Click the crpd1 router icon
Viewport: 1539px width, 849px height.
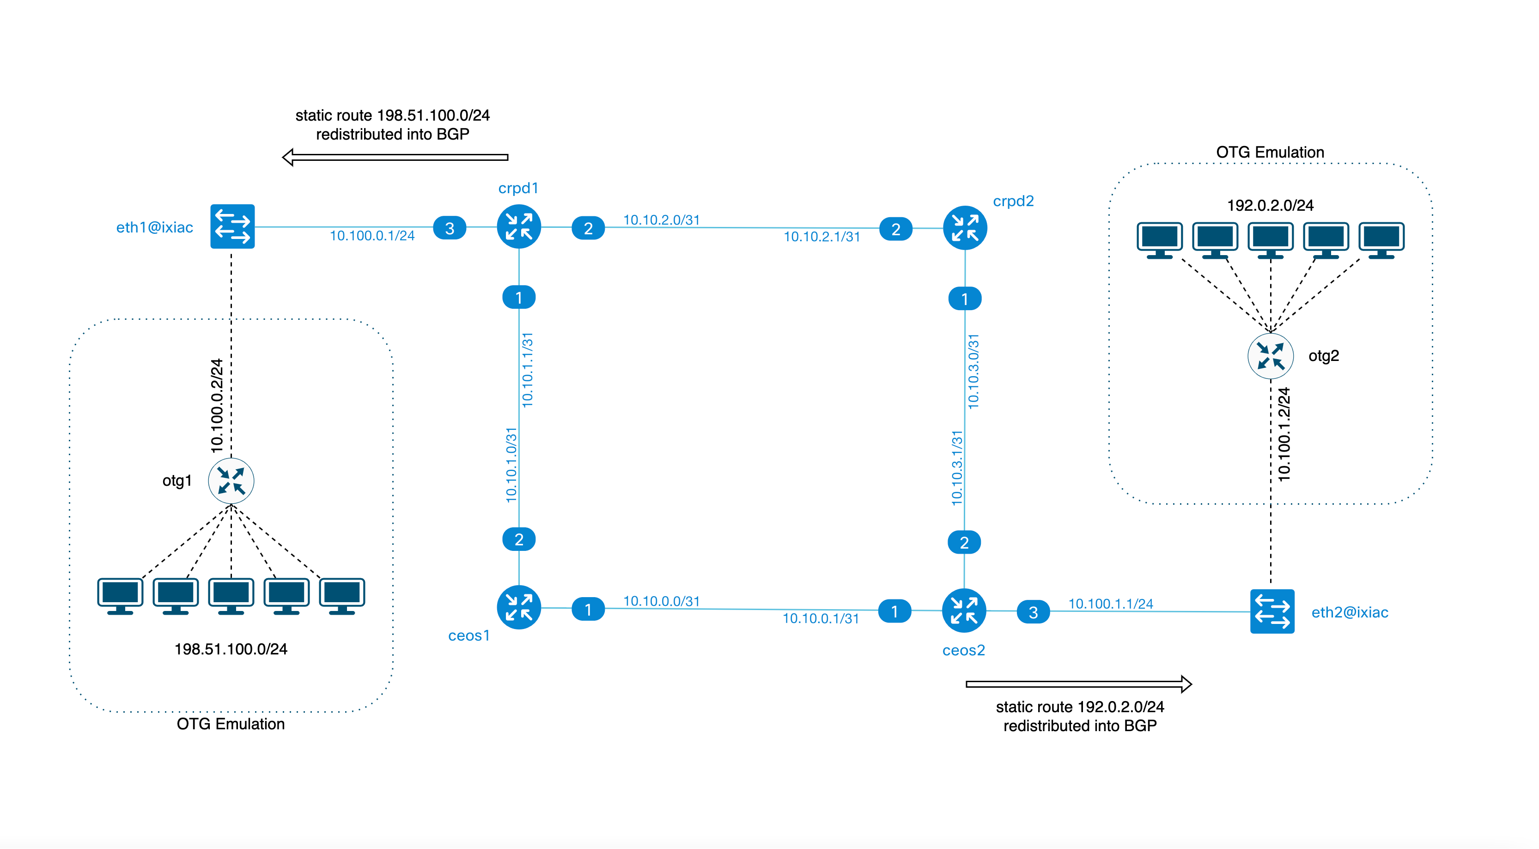518,227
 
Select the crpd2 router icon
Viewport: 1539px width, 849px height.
964,228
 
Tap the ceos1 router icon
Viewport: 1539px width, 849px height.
518,608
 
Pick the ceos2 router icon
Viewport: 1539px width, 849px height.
964,610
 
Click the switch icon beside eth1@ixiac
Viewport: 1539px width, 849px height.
232,226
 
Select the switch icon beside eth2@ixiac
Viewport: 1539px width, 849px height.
1272,611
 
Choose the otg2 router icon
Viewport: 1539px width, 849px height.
1270,356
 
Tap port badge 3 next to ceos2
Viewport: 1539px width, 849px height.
1033,612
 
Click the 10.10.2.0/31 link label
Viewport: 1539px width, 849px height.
661,220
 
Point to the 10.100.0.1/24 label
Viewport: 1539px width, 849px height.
372,236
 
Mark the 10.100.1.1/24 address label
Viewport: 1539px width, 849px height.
1110,604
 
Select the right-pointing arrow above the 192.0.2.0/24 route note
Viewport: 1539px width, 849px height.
1078,684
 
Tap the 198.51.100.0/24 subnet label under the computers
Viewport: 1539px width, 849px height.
231,649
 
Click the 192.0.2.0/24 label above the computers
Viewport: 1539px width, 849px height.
1270,206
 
